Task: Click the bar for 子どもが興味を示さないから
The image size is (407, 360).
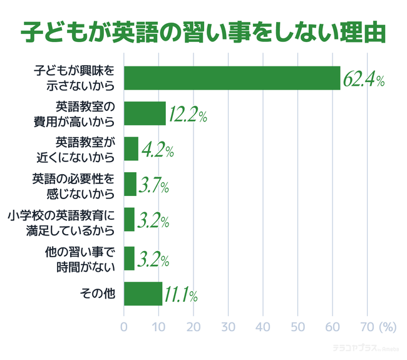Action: [x=232, y=78]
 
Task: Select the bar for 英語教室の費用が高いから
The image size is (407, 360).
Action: [x=145, y=113]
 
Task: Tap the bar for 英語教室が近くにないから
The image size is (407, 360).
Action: [x=131, y=148]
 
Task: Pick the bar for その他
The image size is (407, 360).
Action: [x=143, y=293]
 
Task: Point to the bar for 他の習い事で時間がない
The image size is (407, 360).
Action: [x=129, y=258]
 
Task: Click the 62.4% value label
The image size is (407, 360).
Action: [x=363, y=80]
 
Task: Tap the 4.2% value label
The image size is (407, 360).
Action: [x=157, y=150]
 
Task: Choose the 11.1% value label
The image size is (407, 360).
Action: [x=182, y=294]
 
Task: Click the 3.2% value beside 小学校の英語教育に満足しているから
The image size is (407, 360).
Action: [x=152, y=222]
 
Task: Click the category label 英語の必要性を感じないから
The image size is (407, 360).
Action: [x=74, y=185]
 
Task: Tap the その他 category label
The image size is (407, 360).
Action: [x=98, y=293]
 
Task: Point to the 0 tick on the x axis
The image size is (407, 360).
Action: [x=124, y=326]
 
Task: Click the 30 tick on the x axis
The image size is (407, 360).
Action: [x=228, y=326]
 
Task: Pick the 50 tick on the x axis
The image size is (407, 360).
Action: [x=297, y=326]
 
